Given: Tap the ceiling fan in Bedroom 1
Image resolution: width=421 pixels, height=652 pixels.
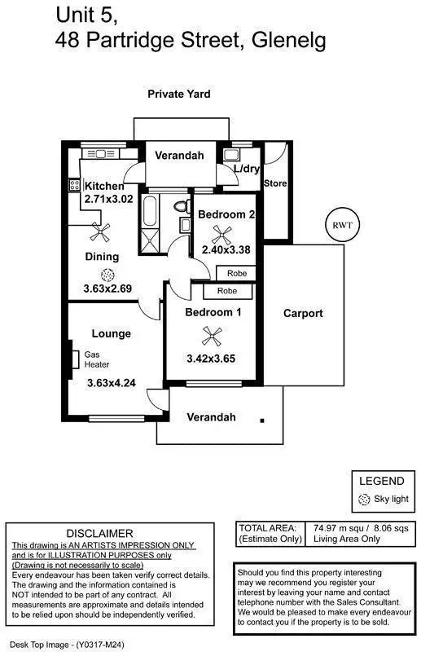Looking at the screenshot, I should point(212,333).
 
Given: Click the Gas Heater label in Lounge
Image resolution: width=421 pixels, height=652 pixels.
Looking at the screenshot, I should point(96,359).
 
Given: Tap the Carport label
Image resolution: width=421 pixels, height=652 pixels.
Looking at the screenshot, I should point(303,313).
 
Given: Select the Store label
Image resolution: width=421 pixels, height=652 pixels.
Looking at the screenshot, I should point(275,183).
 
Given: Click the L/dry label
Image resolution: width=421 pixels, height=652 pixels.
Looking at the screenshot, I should point(245,170).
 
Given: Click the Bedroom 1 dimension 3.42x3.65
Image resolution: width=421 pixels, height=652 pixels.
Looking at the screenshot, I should point(211,359).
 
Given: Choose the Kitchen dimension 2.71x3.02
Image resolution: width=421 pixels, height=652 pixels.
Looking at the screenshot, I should point(107,199).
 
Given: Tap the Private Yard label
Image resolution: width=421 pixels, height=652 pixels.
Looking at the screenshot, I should point(178,95).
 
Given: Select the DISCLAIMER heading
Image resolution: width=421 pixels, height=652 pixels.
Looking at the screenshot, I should point(111,533).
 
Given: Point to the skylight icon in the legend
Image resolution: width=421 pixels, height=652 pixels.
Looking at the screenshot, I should point(364,500).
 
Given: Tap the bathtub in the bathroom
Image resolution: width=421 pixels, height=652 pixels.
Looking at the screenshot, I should point(150,209).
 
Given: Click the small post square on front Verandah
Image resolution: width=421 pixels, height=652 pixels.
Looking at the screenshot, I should point(262,421).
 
